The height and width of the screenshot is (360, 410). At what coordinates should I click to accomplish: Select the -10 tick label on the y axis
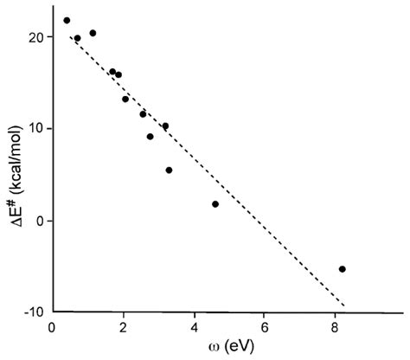point(30,312)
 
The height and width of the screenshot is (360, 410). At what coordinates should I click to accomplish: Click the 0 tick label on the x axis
point(53,329)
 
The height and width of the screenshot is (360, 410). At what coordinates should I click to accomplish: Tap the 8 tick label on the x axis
point(336,329)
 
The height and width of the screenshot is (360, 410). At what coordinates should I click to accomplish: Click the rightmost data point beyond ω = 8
point(343,269)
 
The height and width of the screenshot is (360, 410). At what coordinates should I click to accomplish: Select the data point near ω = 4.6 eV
point(215,204)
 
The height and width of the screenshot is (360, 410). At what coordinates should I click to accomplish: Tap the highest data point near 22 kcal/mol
point(67,20)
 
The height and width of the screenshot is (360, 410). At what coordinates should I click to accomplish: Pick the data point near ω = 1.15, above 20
point(93,33)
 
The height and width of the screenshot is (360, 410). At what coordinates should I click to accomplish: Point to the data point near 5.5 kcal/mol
point(169,170)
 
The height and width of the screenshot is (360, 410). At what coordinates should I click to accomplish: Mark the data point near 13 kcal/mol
point(125,99)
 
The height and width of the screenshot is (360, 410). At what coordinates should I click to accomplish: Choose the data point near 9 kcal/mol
point(150,137)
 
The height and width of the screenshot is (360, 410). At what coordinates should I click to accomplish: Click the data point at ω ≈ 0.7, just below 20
point(77,38)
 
